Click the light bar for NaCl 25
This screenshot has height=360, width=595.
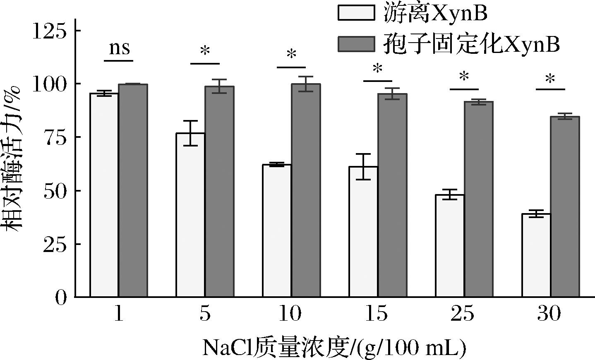click(449, 246)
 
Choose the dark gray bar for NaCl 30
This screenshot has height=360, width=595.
click(564, 207)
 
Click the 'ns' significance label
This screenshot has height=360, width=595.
click(119, 48)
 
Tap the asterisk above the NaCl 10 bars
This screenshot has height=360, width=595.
click(291, 55)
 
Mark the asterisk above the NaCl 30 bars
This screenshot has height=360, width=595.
click(550, 79)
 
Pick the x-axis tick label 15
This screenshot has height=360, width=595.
click(377, 314)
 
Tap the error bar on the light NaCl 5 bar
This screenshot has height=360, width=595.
click(190, 133)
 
